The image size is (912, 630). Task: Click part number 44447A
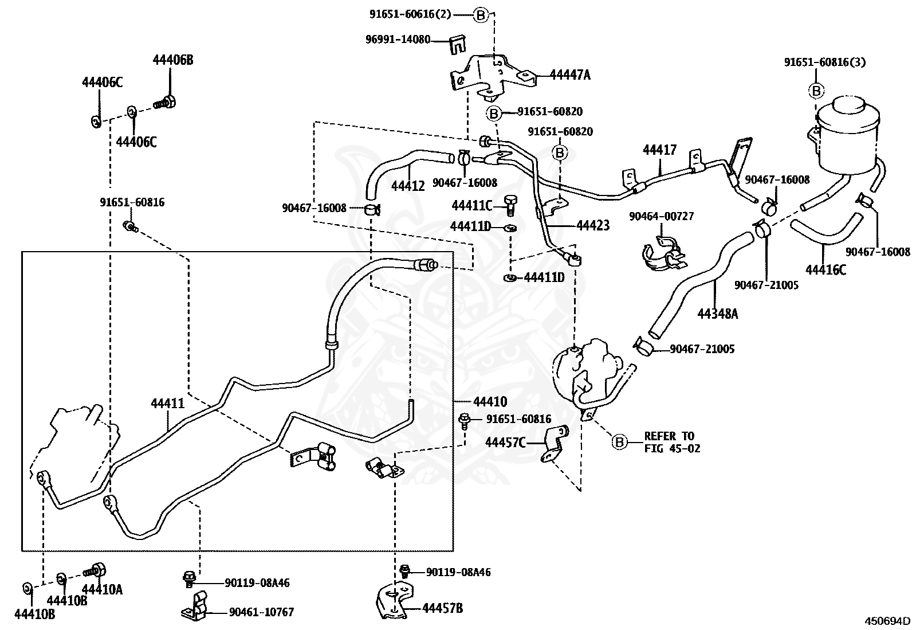[570, 75]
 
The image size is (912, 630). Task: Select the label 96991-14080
[398, 40]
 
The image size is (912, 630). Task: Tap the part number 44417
[659, 150]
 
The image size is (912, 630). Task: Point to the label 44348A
[718, 314]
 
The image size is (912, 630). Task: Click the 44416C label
[825, 270]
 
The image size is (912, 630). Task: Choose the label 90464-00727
[662, 216]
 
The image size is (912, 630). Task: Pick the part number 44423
[593, 225]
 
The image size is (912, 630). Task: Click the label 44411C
[472, 206]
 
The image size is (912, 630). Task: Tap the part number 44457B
[443, 608]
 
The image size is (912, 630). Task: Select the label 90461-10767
[261, 612]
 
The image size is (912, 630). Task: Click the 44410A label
[102, 589]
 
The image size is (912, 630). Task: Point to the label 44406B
[173, 60]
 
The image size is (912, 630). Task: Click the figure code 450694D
[887, 621]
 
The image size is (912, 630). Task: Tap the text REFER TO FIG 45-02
[672, 442]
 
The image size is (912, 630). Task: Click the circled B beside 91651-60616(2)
[481, 15]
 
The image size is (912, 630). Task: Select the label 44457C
[505, 443]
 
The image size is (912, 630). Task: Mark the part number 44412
[408, 186]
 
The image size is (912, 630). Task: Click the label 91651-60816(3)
[825, 62]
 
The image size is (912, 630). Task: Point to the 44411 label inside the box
[167, 404]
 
